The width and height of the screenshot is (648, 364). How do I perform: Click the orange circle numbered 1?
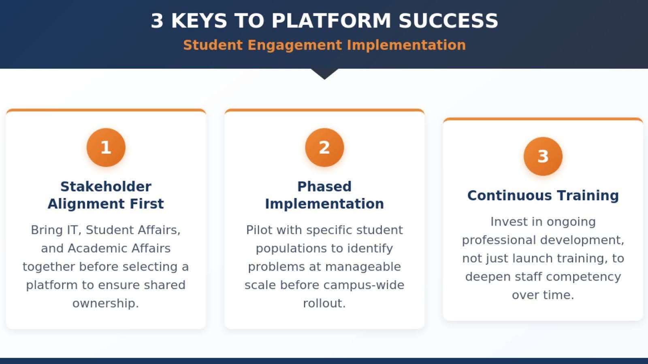click(106, 147)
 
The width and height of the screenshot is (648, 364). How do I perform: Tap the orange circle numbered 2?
click(324, 147)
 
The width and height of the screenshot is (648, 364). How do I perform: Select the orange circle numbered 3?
click(543, 156)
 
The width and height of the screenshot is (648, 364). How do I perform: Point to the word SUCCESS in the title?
click(448, 21)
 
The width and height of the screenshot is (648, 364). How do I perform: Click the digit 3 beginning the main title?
click(157, 21)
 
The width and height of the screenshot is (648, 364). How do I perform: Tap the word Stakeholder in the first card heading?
click(106, 186)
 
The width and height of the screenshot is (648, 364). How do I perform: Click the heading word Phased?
click(324, 186)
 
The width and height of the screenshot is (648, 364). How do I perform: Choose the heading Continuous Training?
click(543, 195)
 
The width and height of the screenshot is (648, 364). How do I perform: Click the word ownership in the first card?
click(105, 303)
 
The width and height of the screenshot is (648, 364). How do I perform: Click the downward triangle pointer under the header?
click(324, 74)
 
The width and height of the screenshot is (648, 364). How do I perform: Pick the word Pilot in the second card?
click(259, 230)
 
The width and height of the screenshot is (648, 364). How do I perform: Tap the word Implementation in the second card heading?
click(324, 204)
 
